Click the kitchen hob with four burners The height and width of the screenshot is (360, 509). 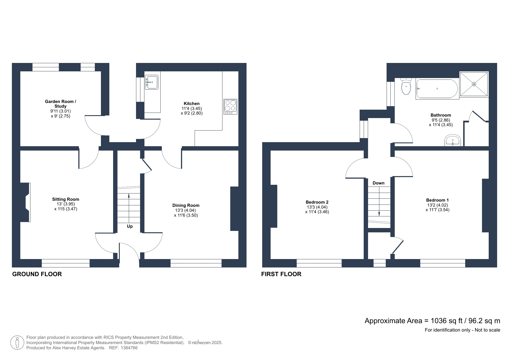tap(231, 107)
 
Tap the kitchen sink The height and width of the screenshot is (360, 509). tap(151, 82)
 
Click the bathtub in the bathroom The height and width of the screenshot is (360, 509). tap(437, 89)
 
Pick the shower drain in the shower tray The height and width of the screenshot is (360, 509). tap(474, 84)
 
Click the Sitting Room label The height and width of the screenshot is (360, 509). tap(66, 199)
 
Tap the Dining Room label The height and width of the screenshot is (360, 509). tap(186, 205)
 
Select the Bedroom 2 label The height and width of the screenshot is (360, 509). tap(317, 202)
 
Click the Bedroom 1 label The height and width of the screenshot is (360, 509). tap(437, 200)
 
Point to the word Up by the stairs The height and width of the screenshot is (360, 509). tap(130, 226)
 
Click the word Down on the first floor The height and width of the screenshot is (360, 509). tap(378, 183)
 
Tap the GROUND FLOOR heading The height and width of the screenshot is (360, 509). tap(37, 274)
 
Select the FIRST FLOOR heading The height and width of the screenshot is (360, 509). tap(281, 274)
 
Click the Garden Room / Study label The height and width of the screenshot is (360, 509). tap(61, 104)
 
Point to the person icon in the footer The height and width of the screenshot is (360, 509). tap(17, 343)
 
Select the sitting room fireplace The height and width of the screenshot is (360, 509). tap(25, 202)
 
